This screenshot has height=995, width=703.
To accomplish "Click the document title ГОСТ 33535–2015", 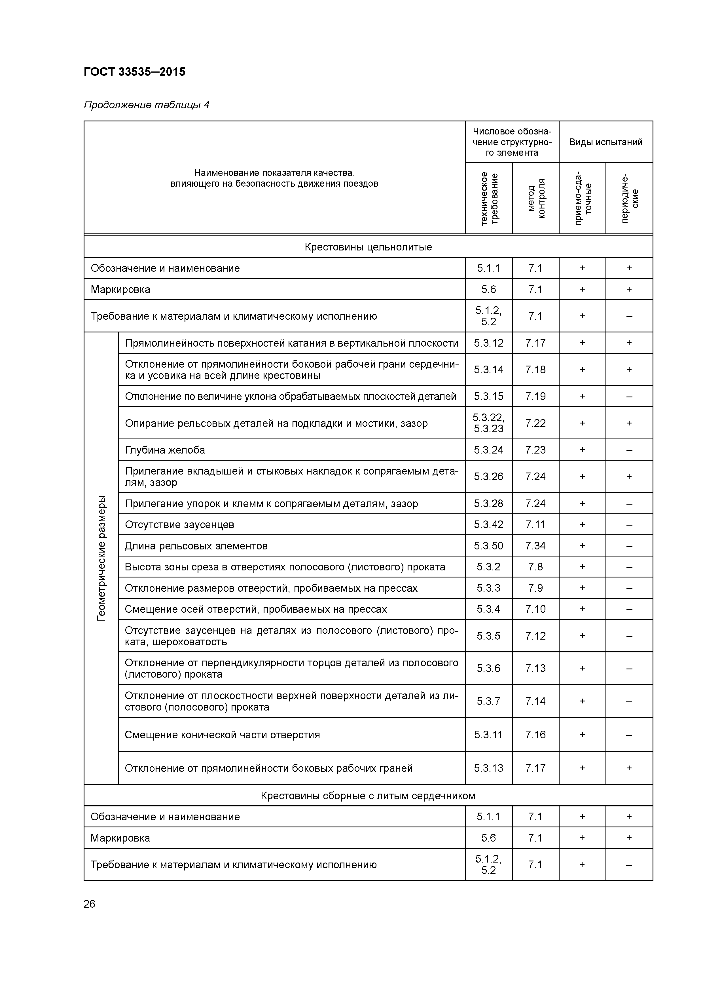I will (134, 71).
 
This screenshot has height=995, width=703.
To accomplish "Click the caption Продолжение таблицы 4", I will (146, 105).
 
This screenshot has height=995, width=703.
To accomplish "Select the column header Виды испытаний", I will (605, 142).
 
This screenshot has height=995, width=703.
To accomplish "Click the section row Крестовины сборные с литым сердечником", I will (368, 796).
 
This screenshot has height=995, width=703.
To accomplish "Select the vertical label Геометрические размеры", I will (101, 558).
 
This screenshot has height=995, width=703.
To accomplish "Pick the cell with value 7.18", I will (535, 370).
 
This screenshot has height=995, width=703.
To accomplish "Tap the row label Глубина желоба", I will (165, 450).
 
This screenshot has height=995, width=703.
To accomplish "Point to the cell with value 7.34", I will (535, 546).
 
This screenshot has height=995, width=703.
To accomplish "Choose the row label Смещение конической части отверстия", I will (222, 735).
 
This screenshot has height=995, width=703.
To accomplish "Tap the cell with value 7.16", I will (535, 735).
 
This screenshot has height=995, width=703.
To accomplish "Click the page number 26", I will (90, 904).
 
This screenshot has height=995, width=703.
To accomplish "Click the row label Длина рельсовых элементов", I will (196, 546).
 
